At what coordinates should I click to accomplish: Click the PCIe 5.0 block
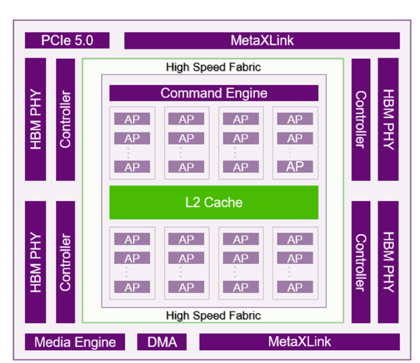(x=67, y=40)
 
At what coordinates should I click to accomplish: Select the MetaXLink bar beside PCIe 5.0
(x=262, y=41)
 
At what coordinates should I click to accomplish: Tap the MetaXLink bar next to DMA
(x=300, y=342)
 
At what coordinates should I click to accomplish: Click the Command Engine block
(x=214, y=93)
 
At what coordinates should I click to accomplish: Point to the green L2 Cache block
(x=214, y=202)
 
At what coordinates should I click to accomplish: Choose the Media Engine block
(x=75, y=342)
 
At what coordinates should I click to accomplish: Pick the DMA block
(x=162, y=342)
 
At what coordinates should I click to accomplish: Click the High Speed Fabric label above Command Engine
(x=213, y=67)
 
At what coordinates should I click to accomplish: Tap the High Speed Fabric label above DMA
(x=213, y=316)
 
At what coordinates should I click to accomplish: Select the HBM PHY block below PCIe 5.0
(x=35, y=119)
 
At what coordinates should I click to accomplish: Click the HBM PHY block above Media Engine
(x=35, y=262)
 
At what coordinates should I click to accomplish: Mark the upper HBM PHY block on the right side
(x=388, y=119)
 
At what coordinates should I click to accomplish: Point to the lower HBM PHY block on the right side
(x=388, y=262)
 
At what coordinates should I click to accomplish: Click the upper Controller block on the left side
(x=65, y=119)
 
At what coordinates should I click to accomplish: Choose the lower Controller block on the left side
(x=65, y=262)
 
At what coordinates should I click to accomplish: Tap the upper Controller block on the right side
(x=361, y=119)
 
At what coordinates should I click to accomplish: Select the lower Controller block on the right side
(x=361, y=262)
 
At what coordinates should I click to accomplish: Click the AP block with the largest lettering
(x=295, y=167)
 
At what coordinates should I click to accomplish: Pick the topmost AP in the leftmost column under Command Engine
(x=132, y=119)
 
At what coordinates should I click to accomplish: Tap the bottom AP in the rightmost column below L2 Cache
(x=295, y=287)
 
